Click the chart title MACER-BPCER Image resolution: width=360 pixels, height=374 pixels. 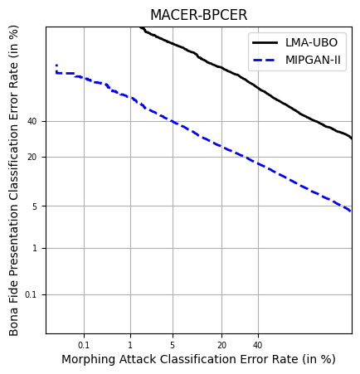(198, 16)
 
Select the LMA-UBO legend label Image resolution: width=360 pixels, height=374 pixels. (312, 42)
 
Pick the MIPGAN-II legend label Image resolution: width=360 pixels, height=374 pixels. (314, 60)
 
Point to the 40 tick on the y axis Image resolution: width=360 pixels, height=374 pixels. (32, 121)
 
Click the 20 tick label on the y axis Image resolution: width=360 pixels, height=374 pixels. (32, 157)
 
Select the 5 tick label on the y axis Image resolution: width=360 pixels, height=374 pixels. (35, 206)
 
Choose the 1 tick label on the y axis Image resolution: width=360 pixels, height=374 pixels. (35, 248)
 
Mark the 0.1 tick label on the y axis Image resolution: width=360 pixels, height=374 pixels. (32, 294)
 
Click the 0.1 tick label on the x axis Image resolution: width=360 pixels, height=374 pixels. (84, 345)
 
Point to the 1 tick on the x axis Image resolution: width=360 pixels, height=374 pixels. (130, 345)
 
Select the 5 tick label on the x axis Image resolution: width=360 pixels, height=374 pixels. (173, 345)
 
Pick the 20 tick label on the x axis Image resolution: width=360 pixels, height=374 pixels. (221, 345)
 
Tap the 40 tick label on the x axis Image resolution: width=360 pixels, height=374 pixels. (257, 345)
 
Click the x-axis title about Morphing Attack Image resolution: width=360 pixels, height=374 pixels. (198, 360)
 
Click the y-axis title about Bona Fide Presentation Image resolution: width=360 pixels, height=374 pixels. (14, 181)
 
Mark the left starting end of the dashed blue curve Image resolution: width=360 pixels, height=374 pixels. (56, 66)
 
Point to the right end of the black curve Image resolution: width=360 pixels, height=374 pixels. (352, 138)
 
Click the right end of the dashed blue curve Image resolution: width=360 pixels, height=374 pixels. (352, 211)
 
